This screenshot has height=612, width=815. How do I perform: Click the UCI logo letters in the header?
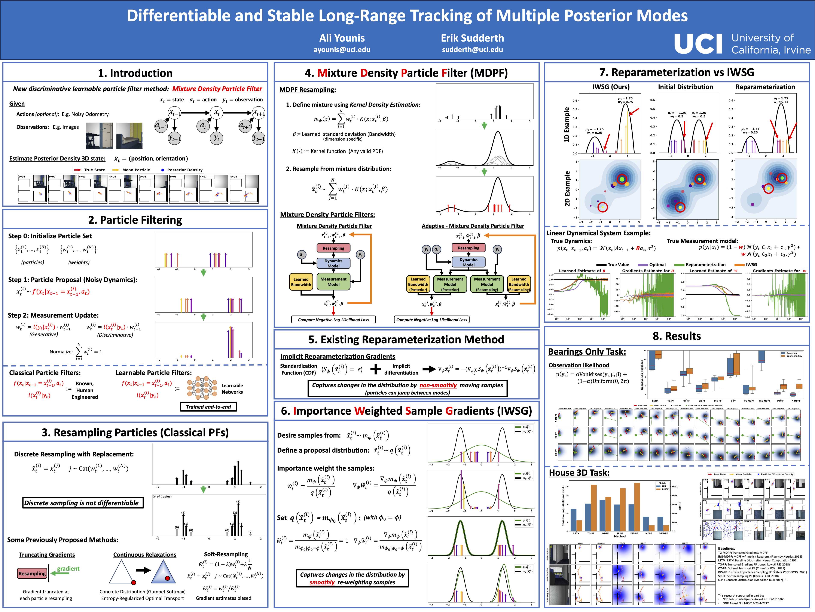pyautogui.click(x=698, y=44)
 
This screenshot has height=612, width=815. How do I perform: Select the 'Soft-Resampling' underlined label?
pyautogui.click(x=226, y=554)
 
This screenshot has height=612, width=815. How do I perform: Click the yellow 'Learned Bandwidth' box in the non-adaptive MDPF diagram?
pyautogui.click(x=301, y=282)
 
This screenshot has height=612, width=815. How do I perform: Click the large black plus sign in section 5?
pyautogui.click(x=375, y=369)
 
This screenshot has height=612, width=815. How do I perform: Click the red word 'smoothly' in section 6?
pyautogui.click(x=322, y=582)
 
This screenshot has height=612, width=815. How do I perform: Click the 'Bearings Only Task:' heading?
pyautogui.click(x=587, y=352)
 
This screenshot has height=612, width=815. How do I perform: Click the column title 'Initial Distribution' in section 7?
pyautogui.click(x=685, y=87)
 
